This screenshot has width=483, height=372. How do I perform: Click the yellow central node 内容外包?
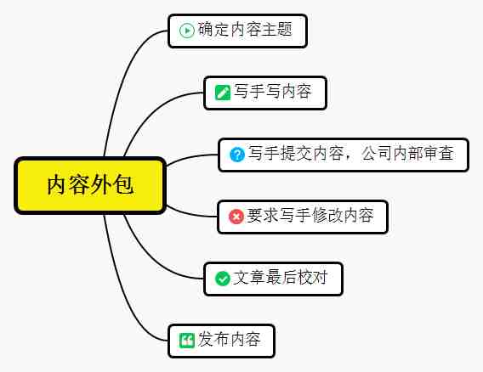[x=90, y=185]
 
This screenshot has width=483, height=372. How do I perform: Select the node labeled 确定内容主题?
[x=237, y=31]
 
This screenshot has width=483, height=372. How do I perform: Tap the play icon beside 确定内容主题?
[x=187, y=31]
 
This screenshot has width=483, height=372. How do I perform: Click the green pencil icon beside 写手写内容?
[x=223, y=93]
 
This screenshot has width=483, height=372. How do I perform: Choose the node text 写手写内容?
[x=273, y=92]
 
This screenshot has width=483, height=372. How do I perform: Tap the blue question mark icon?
[x=237, y=155]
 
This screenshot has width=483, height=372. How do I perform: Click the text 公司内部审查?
[x=407, y=153]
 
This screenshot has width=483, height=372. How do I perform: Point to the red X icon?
[x=236, y=217]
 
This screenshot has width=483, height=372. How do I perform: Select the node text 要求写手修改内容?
[x=310, y=216]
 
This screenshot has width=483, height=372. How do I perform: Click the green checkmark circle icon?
[x=223, y=279]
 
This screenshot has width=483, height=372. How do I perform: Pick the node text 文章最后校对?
[x=280, y=278]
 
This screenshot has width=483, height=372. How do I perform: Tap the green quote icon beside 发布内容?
[x=187, y=341]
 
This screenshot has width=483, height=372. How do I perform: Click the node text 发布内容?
[x=230, y=340]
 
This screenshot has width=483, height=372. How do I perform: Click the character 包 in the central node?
[x=123, y=185]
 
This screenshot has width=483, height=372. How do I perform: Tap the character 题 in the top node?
[x=284, y=30]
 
